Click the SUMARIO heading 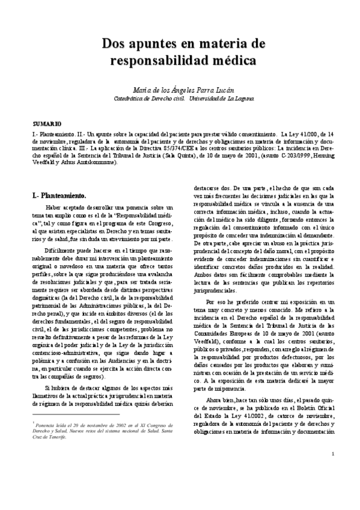click(x=43, y=123)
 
